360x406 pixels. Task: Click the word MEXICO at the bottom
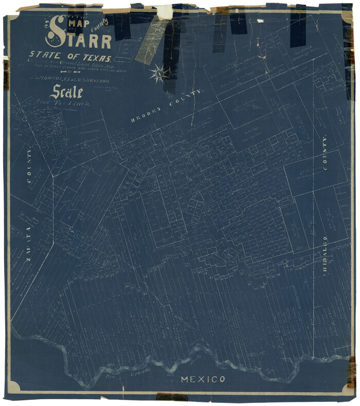tap(203, 380)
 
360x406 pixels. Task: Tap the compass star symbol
tap(160, 74)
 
